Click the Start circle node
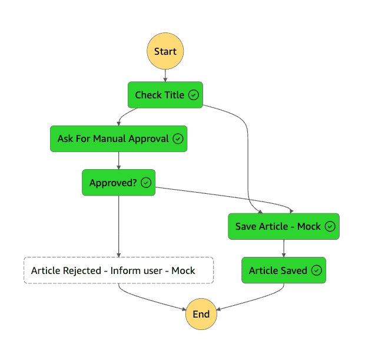tap(165, 51)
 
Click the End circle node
tap(201, 314)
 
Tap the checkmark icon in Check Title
tap(194, 95)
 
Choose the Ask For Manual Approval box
tap(118, 139)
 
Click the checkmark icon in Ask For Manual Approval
tap(178, 139)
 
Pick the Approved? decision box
tap(118, 183)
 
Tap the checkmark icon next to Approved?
tap(146, 183)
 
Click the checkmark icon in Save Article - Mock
tap(330, 226)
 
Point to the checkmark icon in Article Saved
tap(317, 270)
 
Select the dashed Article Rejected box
tap(118, 270)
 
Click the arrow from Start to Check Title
tap(165, 75)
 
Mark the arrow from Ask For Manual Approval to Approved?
tap(119, 160)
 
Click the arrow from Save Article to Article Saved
tap(284, 248)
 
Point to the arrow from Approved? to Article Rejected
tap(119, 227)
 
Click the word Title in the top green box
tap(174, 95)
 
